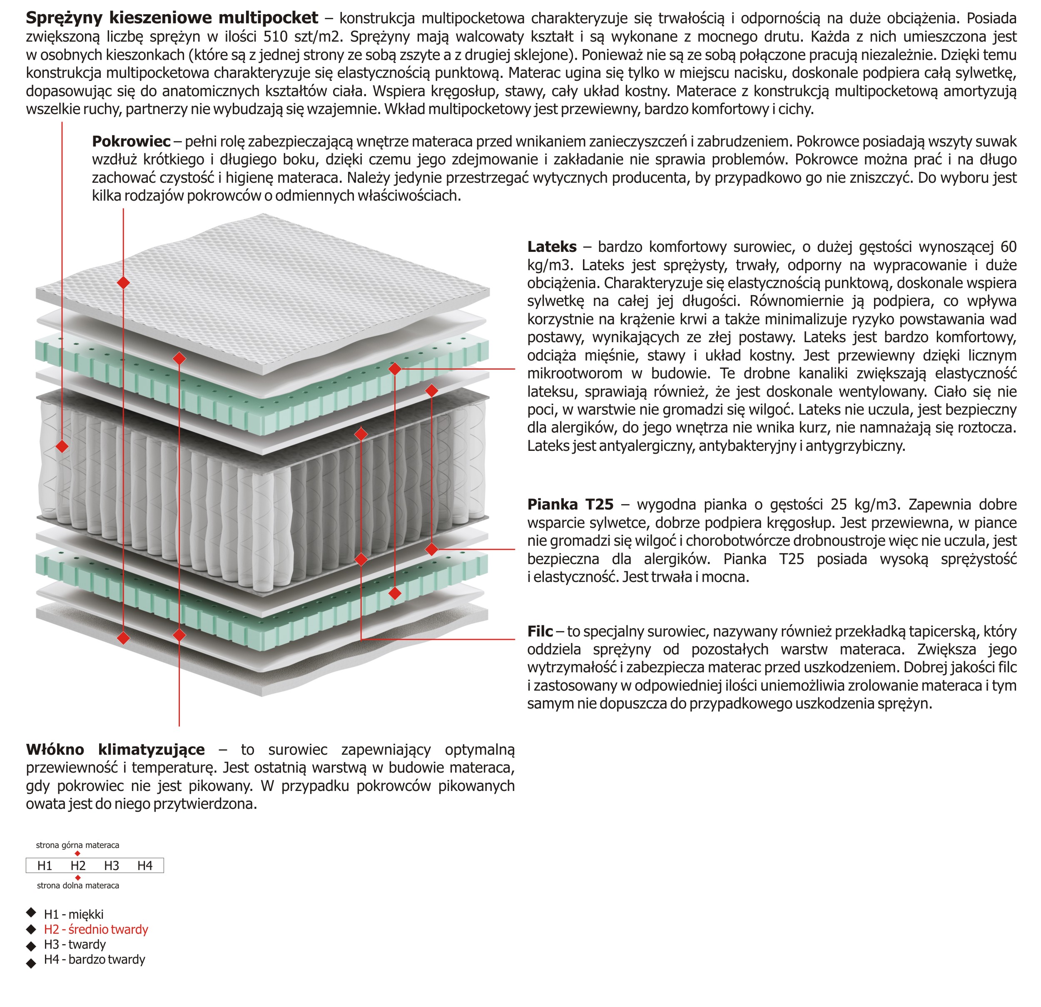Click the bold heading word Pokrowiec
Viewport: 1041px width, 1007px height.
(131, 141)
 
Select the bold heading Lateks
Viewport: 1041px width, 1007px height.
(551, 246)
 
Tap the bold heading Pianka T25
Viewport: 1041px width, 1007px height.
(570, 504)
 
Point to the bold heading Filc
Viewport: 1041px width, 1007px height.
(540, 631)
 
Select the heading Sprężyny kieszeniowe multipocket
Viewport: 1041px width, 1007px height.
(172, 17)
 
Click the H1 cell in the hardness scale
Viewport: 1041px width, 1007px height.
(45, 866)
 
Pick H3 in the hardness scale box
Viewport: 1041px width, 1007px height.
(112, 866)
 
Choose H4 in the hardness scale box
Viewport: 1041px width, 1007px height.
(144, 866)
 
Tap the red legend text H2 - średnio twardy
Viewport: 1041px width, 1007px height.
(96, 930)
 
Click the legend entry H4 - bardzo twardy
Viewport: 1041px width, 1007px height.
(95, 959)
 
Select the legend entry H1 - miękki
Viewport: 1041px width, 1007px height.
(74, 914)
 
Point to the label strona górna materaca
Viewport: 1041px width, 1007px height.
(77, 845)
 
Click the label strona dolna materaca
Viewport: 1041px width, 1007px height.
(78, 885)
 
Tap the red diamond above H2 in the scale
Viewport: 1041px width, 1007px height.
(77, 853)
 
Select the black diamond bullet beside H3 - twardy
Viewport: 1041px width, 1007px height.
(31, 945)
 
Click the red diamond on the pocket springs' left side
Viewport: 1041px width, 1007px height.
(62, 446)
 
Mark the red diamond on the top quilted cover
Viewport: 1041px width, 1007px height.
(123, 283)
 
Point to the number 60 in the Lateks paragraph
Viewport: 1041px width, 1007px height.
(1008, 246)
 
